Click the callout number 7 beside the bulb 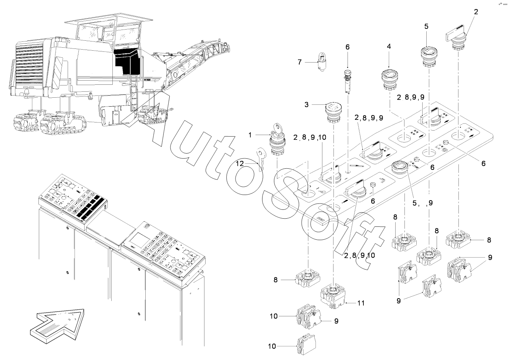pos(300,62)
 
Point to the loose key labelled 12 pos(260,157)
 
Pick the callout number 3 pos(307,105)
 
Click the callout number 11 pos(361,303)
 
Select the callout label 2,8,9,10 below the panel pos(359,255)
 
